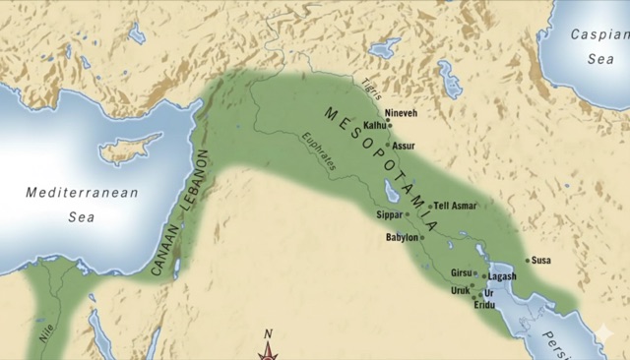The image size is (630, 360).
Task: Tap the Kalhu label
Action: click(x=374, y=126)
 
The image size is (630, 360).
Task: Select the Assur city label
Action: click(x=404, y=146)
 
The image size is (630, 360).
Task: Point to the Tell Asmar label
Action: click(x=456, y=207)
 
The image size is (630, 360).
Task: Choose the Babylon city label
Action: click(x=402, y=237)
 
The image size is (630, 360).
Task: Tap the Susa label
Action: click(x=541, y=261)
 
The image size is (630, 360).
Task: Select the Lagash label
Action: click(x=502, y=277)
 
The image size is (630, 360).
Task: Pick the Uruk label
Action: click(x=460, y=291)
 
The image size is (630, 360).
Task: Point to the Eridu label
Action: click(x=485, y=306)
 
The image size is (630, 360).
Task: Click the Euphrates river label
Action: click(x=319, y=152)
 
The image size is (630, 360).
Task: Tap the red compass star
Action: click(x=267, y=351)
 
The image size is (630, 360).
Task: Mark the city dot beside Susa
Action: click(x=528, y=261)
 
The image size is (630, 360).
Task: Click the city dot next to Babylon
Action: click(x=422, y=237)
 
